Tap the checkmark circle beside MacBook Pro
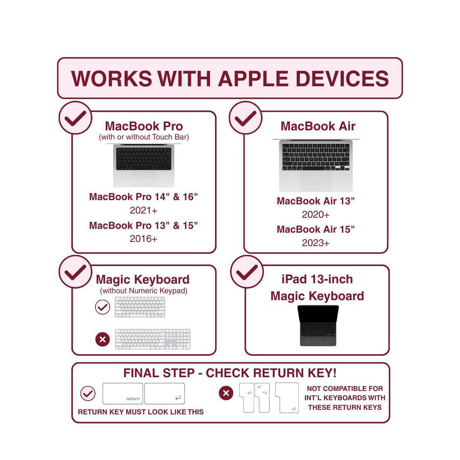(x=75, y=118)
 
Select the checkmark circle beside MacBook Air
(x=245, y=118)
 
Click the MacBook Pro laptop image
(x=144, y=165)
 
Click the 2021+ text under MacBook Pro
(x=143, y=210)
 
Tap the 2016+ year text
(x=143, y=239)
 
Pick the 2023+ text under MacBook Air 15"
(x=315, y=243)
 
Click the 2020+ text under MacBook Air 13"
(x=315, y=215)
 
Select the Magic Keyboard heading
(x=143, y=279)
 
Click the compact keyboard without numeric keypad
(x=140, y=307)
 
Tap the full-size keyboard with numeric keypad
(x=153, y=339)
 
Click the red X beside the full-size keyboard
(x=102, y=339)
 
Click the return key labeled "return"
(x=123, y=394)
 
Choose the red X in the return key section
(x=226, y=393)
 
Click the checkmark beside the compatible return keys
(x=88, y=393)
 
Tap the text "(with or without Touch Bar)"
(x=144, y=137)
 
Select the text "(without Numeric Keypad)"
(x=144, y=291)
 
